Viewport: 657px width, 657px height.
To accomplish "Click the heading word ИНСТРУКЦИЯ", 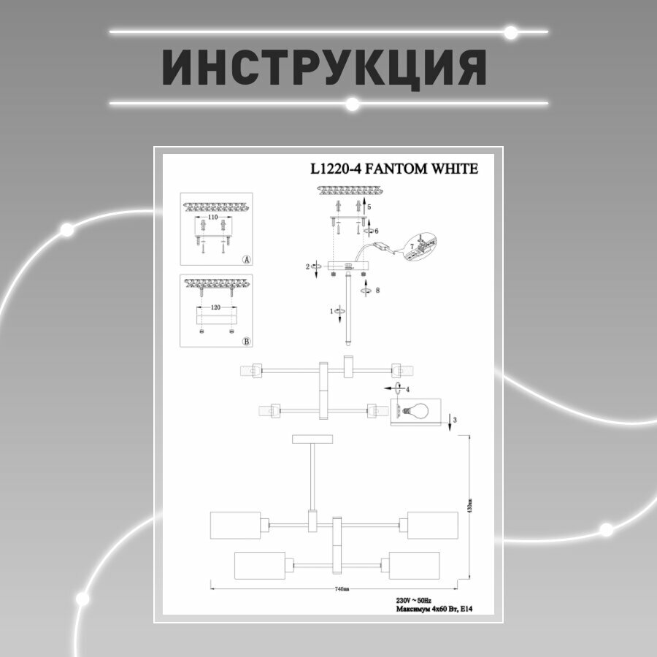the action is (x=323, y=68).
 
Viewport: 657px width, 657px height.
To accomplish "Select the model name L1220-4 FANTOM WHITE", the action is (x=394, y=169).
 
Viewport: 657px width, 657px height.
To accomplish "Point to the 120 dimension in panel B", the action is (x=215, y=307).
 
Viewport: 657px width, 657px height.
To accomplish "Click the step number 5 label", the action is (x=369, y=207).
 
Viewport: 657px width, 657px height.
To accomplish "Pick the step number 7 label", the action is (x=410, y=247).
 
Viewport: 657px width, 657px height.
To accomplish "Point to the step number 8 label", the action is (x=377, y=290).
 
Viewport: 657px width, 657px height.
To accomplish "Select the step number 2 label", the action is (x=308, y=267).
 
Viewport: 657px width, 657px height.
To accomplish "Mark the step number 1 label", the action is (x=333, y=311).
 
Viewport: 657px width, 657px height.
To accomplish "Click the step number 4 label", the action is (x=407, y=389).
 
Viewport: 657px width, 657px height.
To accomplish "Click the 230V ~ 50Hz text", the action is (x=412, y=600).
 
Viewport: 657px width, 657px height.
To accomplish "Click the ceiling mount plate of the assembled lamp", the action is (x=312, y=439).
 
